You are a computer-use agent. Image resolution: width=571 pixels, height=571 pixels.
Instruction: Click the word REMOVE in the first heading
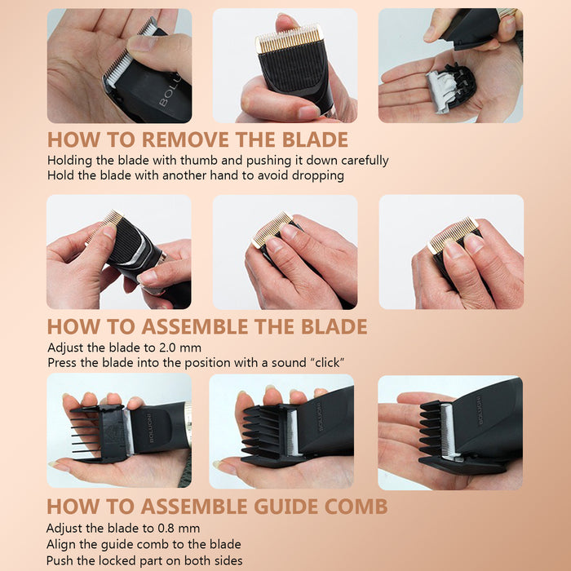(x=186, y=139)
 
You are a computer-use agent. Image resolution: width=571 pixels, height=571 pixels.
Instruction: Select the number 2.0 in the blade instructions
(x=167, y=347)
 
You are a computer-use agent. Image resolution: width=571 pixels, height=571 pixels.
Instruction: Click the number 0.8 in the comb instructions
(x=166, y=528)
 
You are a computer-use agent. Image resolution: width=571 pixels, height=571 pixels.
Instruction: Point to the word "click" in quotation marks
(x=327, y=363)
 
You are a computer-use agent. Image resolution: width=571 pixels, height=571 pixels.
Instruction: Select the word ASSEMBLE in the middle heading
(x=195, y=326)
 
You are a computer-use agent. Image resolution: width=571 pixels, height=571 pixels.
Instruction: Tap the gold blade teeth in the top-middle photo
(x=289, y=39)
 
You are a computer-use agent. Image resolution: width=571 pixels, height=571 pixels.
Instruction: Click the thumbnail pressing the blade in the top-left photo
(x=140, y=44)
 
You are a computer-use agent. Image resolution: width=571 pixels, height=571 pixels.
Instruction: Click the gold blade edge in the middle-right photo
(x=452, y=235)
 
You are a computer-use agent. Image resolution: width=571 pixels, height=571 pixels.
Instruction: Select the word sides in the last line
(x=228, y=560)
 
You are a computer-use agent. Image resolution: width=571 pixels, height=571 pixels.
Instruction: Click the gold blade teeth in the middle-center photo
(x=272, y=229)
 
